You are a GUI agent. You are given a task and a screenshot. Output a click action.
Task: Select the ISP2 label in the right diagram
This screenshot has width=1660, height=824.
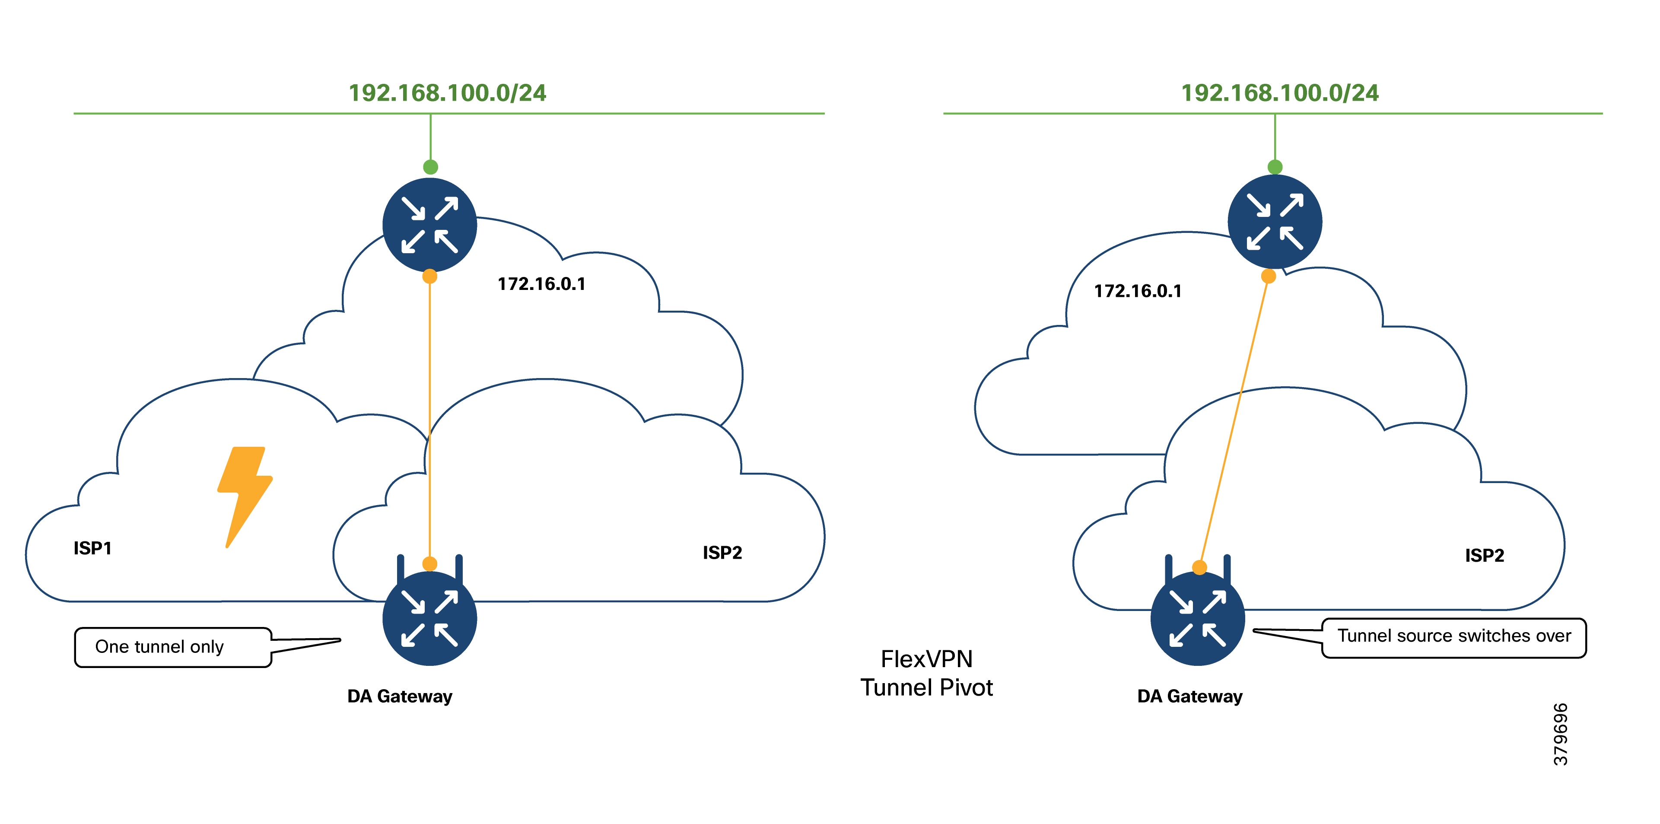click(1484, 555)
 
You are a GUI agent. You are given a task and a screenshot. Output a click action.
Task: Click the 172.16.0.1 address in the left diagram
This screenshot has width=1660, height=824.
click(541, 284)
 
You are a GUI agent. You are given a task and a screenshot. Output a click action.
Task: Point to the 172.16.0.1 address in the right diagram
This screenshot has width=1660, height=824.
click(1137, 291)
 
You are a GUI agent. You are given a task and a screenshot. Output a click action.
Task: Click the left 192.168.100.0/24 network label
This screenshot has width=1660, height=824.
click(447, 93)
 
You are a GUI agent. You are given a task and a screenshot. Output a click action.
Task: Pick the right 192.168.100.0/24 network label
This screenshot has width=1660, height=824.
click(1279, 93)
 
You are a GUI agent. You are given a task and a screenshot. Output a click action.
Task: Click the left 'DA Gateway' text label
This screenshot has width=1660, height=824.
click(400, 697)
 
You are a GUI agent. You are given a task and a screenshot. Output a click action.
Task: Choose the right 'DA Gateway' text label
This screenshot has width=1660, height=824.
click(1189, 697)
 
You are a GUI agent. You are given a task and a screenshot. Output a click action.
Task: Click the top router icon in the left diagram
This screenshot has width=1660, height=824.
click(430, 225)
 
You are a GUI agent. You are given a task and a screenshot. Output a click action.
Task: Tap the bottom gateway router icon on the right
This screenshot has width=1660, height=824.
click(1197, 618)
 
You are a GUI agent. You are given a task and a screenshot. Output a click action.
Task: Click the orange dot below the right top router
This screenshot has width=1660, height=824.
click(1268, 277)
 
